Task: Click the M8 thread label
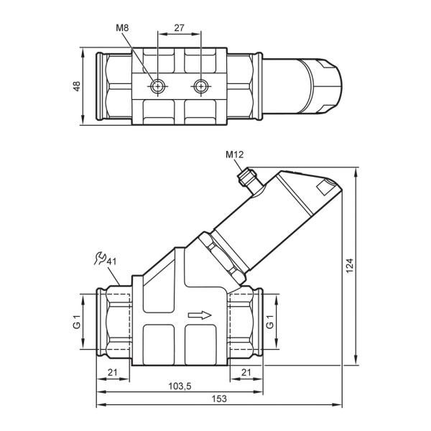pyautogui.click(x=122, y=28)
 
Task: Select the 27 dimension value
pyautogui.click(x=179, y=28)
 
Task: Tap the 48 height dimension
pyautogui.click(x=77, y=86)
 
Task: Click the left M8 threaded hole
pyautogui.click(x=157, y=87)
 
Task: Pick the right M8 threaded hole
pyautogui.click(x=201, y=87)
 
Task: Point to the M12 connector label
pyautogui.click(x=234, y=154)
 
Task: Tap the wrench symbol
pyautogui.click(x=100, y=259)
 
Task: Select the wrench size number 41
pyautogui.click(x=111, y=261)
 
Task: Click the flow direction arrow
pyautogui.click(x=200, y=315)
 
